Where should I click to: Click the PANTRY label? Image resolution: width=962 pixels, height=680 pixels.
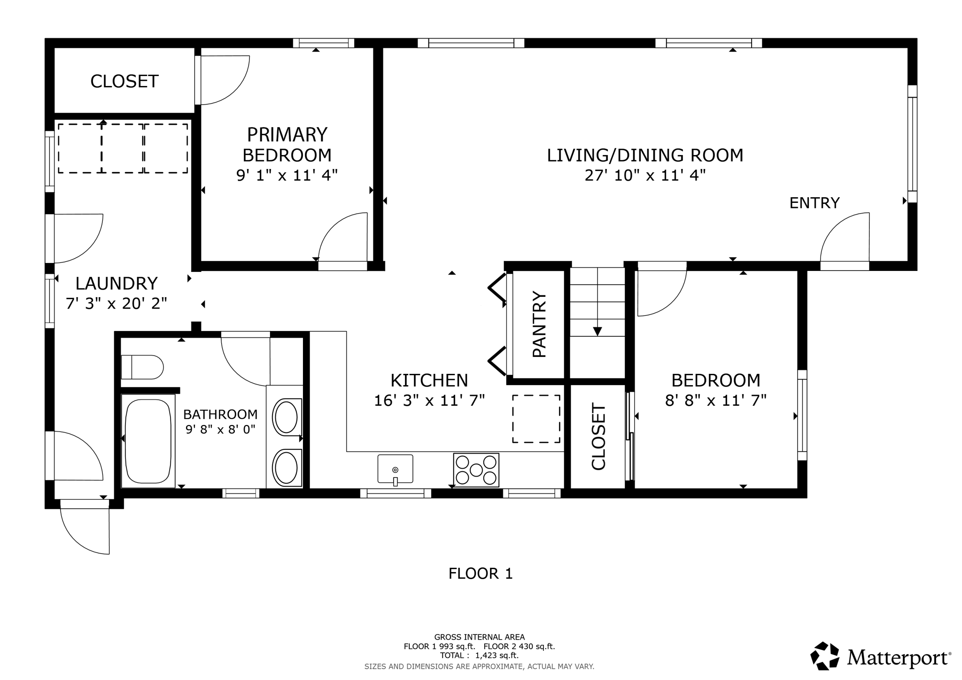tap(539, 325)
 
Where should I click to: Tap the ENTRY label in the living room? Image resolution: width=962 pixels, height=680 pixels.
tap(815, 203)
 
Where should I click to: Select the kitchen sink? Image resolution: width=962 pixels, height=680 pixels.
tap(395, 469)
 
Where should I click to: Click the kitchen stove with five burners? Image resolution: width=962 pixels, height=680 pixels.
tap(476, 470)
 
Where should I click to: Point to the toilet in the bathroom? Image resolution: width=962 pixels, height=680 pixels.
tap(142, 367)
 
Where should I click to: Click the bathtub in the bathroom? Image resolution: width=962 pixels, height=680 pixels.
tap(148, 440)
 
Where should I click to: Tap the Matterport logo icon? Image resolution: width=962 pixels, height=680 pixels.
tap(825, 656)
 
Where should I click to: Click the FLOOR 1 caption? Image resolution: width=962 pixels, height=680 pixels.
tap(481, 573)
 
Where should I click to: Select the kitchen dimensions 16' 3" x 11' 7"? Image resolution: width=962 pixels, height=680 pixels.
tap(429, 401)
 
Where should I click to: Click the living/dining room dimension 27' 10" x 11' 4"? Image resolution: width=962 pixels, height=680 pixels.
tap(645, 176)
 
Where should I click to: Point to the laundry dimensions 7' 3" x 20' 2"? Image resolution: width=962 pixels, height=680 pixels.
tap(116, 304)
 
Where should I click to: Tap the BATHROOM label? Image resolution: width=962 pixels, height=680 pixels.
tap(220, 414)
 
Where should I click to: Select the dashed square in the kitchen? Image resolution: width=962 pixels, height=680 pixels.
tap(536, 419)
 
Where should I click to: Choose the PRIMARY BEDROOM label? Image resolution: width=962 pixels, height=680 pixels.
tap(287, 145)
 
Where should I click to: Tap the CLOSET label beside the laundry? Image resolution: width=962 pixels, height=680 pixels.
tap(124, 81)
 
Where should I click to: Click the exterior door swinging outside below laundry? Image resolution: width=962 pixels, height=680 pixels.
tap(85, 528)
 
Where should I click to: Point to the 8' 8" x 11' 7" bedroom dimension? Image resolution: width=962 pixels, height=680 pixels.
tap(716, 401)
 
